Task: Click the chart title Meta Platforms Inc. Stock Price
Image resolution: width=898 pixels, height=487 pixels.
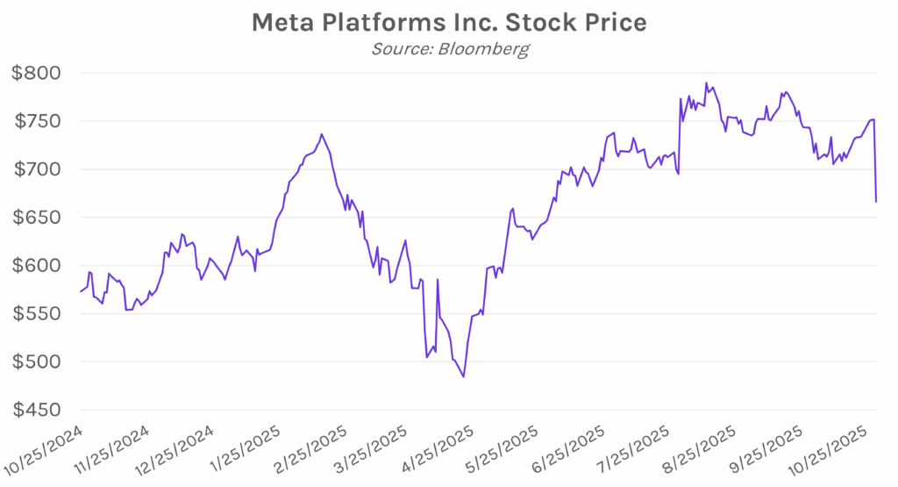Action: pos(449,22)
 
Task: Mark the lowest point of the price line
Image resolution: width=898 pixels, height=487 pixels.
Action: pos(463,376)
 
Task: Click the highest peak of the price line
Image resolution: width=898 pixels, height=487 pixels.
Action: pos(706,83)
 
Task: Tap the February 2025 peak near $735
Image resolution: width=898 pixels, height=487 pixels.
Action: pos(322,134)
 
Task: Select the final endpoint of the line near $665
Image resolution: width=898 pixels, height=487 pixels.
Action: pos(876,202)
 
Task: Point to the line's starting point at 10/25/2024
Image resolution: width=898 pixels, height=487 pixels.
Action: pos(80,291)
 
